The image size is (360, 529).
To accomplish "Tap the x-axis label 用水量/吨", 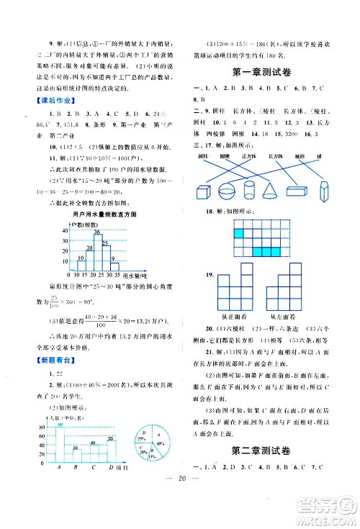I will point(135,276).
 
